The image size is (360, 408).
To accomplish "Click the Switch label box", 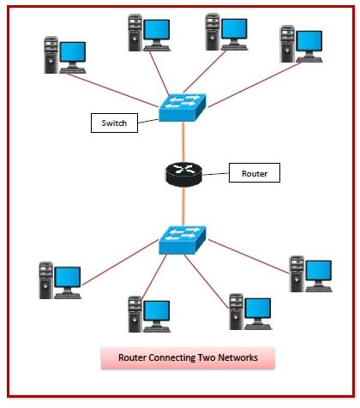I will tap(114, 123).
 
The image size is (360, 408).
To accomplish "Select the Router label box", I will tap(255, 174).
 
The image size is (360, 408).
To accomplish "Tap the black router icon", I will tap(182, 174).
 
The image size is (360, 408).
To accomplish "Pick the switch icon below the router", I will tap(182, 237).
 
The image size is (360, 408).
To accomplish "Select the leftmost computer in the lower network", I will tap(59, 281).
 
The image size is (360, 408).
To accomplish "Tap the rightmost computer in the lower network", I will tap(309, 273).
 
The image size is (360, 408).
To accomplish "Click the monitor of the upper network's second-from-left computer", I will tap(157, 32).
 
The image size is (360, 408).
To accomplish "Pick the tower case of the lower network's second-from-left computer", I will tap(135, 315).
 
